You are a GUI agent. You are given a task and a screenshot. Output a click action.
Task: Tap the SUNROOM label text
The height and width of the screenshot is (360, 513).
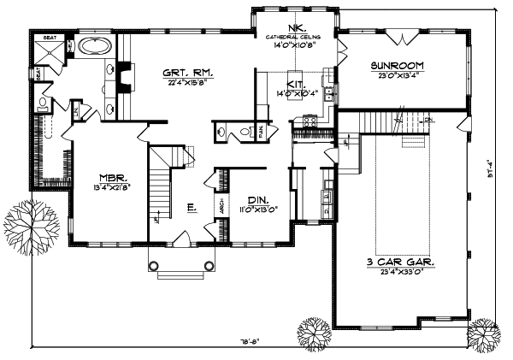tap(398, 66)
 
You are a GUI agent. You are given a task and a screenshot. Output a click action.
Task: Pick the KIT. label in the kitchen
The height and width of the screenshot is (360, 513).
tap(297, 84)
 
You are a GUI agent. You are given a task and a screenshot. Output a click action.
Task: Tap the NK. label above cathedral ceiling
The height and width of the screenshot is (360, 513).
tap(296, 27)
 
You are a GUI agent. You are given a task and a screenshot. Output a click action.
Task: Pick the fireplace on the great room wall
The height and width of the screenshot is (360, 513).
tap(124, 77)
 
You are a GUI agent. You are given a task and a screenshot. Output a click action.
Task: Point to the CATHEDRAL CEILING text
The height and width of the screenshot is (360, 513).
tap(296, 36)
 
